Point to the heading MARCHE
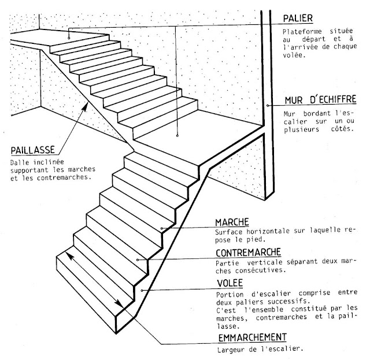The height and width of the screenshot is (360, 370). pos(232,222)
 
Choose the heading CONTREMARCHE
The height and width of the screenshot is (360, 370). pos(249,253)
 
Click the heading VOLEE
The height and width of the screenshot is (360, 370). pos(229,283)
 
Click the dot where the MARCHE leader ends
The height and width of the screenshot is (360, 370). pos(164,229)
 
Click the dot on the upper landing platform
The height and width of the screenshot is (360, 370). pos(69,36)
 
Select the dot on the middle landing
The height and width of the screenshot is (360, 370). pos(177,135)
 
